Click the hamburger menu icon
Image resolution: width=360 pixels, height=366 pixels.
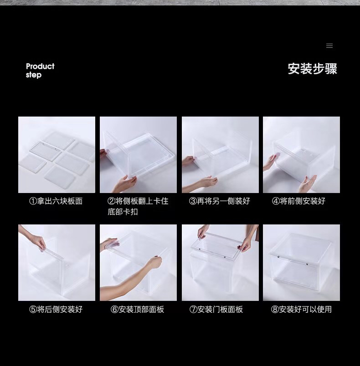(329, 46)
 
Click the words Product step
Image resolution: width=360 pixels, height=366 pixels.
(40, 71)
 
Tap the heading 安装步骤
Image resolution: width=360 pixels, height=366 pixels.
(312, 69)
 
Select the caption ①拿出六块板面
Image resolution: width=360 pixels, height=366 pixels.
(56, 201)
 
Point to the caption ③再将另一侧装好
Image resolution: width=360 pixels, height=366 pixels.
(219, 201)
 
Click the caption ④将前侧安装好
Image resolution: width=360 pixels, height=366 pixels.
(298, 201)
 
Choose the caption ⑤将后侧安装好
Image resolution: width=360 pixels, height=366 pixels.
(56, 309)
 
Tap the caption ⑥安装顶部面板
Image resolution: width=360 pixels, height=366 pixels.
(137, 309)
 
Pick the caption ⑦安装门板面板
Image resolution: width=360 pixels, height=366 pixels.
(216, 309)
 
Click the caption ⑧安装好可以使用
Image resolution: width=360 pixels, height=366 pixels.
(301, 309)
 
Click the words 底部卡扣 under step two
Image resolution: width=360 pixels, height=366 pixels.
(123, 212)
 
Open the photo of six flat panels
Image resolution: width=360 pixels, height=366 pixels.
(57, 154)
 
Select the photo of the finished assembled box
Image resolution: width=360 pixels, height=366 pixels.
(301, 263)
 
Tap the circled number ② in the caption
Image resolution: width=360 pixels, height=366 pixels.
(111, 201)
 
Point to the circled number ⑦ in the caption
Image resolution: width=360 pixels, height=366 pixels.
(193, 309)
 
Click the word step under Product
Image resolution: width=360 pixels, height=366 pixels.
(34, 75)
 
